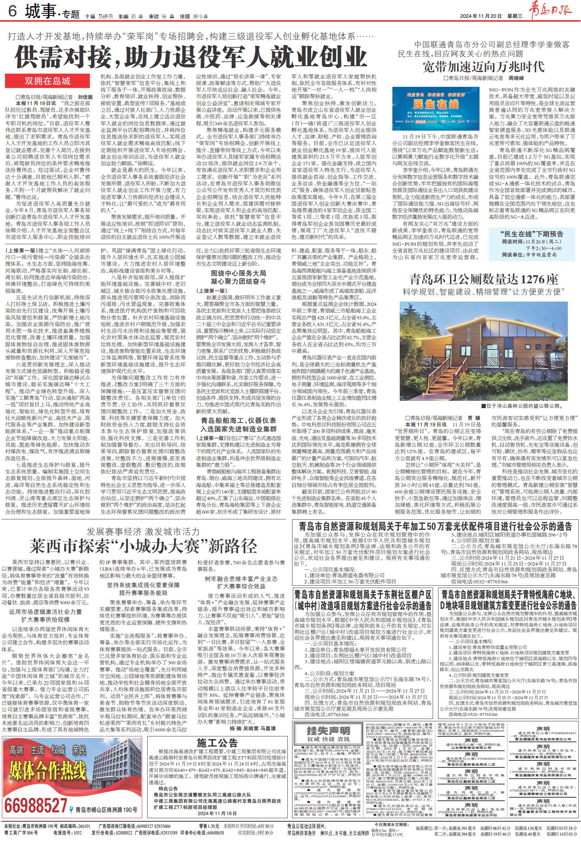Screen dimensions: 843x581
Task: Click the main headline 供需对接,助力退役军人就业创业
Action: coord(191,57)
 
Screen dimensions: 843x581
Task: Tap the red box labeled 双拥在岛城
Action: coord(48,81)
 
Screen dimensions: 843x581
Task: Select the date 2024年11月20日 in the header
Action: coord(481,16)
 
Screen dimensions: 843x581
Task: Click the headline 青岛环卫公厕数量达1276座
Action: coord(484,279)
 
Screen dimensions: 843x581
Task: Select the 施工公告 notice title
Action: coord(217,743)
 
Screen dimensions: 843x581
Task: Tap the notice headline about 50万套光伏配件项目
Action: coord(435,526)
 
